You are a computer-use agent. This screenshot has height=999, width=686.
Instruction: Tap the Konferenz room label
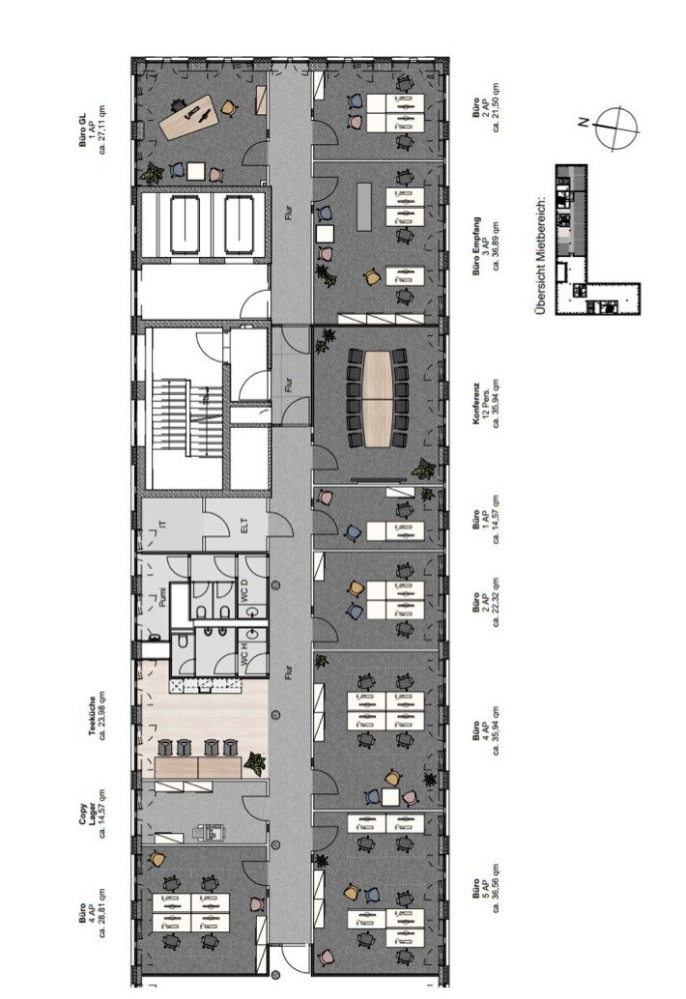[475, 399]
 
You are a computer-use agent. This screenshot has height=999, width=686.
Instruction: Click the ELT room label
[243, 527]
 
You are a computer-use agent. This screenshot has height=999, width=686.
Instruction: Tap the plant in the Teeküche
[256, 762]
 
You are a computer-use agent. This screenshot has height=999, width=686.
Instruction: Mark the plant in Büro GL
[151, 174]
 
